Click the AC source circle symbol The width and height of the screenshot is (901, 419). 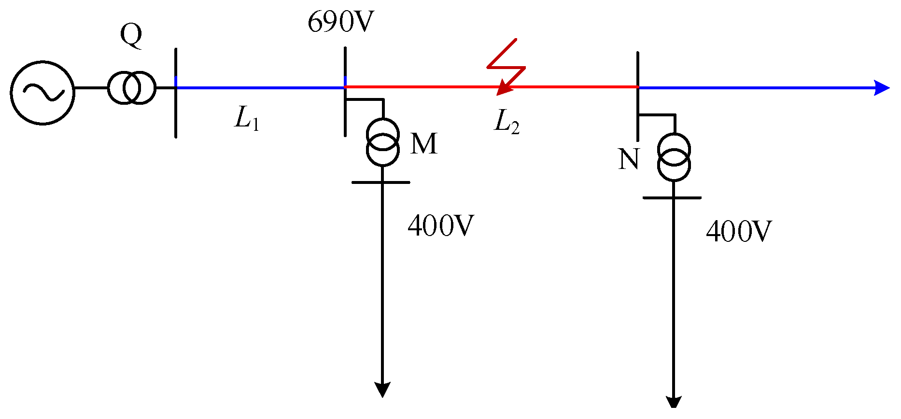pos(42,93)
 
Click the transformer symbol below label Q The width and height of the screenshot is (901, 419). pos(131,88)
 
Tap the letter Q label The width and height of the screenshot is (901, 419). pos(131,36)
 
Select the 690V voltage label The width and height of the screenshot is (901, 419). pos(341,22)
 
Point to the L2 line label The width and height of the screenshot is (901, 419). pos(507,122)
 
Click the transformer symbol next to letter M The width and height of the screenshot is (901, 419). pos(382,142)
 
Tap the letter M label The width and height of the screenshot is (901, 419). pos(424,144)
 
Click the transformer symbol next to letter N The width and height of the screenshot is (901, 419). pos(674,157)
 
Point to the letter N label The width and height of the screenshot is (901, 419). pos(629,159)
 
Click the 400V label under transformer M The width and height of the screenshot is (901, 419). pos(440,225)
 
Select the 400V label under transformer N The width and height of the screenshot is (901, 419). pos(738,231)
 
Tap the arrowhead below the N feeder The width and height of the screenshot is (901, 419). pos(674,403)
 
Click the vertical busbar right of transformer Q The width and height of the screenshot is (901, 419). pos(176,116)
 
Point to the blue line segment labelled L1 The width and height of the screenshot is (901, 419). pos(261,88)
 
